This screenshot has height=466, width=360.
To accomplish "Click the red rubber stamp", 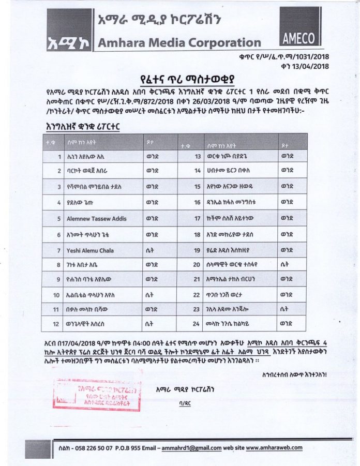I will [97, 394].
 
